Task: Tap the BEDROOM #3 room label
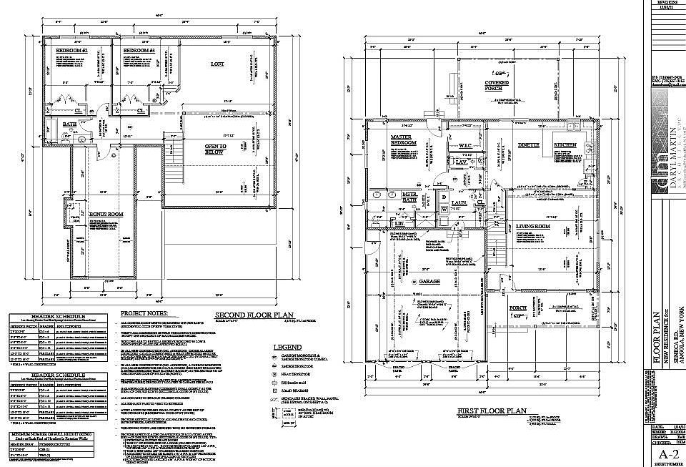pyautogui.click(x=139, y=51)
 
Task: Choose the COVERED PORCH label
pyautogui.click(x=493, y=86)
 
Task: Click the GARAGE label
pyautogui.click(x=428, y=281)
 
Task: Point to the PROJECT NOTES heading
pyautogui.click(x=143, y=313)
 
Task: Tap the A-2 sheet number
pyautogui.click(x=667, y=454)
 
